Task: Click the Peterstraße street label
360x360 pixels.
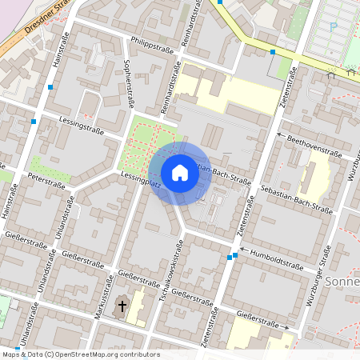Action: tap(46, 180)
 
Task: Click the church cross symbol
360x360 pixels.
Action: tap(122, 305)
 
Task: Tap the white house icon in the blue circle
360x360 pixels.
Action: tap(179, 173)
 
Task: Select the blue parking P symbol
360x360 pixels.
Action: tap(333, 26)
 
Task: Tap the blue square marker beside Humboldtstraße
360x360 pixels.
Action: tap(233, 257)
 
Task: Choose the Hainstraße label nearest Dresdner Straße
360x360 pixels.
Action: tap(57, 50)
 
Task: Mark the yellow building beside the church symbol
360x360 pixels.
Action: tap(137, 307)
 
